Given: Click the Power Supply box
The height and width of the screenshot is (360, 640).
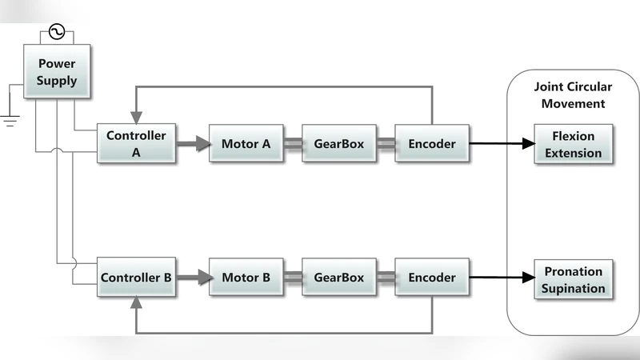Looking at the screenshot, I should [x=57, y=72].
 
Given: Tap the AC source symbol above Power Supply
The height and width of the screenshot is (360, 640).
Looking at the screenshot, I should [x=57, y=32].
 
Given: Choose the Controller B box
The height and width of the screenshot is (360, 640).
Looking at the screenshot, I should [x=136, y=278].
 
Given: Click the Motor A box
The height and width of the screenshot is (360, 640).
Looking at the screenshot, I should [x=246, y=144].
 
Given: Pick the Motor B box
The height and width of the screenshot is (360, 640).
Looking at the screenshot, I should [x=246, y=278].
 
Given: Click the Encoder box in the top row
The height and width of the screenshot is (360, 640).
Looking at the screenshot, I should [x=432, y=144].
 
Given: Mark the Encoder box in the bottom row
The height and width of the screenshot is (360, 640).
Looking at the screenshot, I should [x=432, y=278].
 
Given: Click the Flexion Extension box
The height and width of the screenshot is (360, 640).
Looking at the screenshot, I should [x=574, y=144].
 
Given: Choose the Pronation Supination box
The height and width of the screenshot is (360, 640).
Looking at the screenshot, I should [x=574, y=278].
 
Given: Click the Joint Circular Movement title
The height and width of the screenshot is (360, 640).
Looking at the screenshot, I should [x=573, y=94].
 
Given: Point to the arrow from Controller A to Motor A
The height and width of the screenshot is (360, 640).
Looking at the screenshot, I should [x=192, y=144].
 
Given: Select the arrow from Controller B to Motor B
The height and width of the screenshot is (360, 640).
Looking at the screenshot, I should [x=192, y=278].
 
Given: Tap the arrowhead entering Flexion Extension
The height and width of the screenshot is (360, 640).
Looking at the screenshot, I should [x=527, y=144].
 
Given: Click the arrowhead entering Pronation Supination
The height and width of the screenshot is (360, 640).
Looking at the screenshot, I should [x=527, y=278].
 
